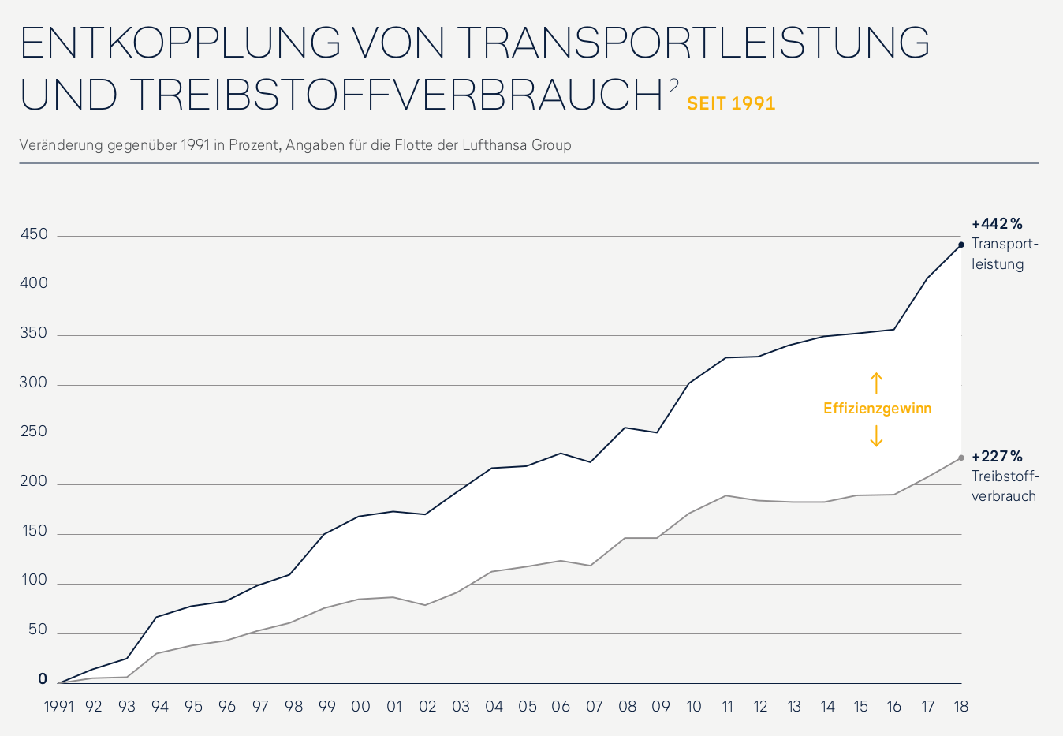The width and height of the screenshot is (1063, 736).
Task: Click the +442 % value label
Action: click(x=997, y=224)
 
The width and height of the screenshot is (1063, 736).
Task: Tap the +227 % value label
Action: click(x=997, y=457)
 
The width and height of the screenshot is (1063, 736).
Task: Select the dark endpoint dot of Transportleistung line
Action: click(x=960, y=245)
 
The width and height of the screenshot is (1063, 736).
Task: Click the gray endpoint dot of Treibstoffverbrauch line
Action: click(x=960, y=458)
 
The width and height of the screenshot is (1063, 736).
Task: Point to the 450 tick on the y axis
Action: click(x=34, y=234)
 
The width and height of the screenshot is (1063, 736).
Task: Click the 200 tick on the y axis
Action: click(x=34, y=481)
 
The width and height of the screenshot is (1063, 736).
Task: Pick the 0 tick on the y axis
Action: click(x=43, y=679)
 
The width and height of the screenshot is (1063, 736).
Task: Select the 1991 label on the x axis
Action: click(x=58, y=707)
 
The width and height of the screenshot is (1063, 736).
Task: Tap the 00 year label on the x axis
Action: click(x=360, y=707)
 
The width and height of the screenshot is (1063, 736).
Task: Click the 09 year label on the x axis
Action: click(x=660, y=707)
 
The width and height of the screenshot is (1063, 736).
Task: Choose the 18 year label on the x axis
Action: click(x=960, y=707)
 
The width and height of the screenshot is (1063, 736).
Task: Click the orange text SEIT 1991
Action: click(x=731, y=103)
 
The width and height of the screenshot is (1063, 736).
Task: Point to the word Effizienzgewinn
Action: click(x=877, y=409)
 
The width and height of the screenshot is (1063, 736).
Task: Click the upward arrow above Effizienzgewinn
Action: click(x=876, y=383)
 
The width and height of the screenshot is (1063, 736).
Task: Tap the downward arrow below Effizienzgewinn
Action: click(x=876, y=435)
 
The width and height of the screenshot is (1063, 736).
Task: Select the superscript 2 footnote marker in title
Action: click(x=673, y=85)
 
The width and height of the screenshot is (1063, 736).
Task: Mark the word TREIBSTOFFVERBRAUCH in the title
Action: click(x=395, y=95)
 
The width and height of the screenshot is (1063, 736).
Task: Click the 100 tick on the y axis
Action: click(x=34, y=581)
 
